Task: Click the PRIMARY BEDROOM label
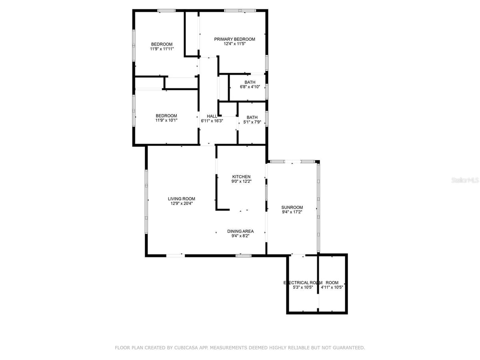point(234,39)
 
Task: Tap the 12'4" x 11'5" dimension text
point(234,44)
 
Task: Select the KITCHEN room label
point(241,177)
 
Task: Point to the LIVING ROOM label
point(181,199)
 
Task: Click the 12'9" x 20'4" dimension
point(181,204)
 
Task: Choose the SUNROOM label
point(292,207)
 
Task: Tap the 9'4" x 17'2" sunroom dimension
point(292,212)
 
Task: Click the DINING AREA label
point(240,231)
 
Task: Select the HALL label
point(212,116)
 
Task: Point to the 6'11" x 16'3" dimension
point(212,121)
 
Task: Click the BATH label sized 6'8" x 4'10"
point(250,82)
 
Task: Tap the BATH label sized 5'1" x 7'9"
point(252,117)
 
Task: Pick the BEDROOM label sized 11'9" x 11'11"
point(162,44)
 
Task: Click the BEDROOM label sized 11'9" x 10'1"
point(166,116)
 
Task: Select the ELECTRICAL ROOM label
point(303,283)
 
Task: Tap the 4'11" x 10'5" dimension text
point(332,288)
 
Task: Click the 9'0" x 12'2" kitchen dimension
point(241,182)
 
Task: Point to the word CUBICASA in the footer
point(186,348)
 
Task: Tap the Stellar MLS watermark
point(465,180)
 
